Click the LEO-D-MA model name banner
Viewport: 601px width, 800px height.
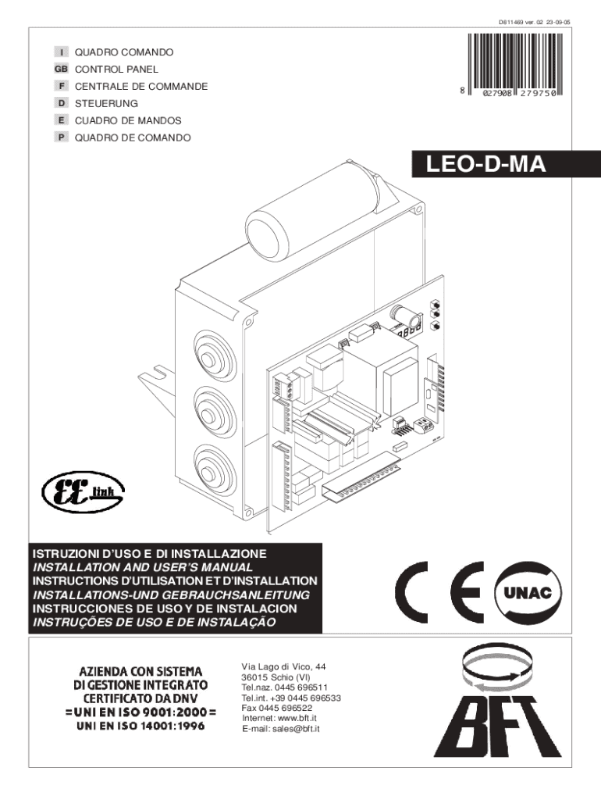point(507,164)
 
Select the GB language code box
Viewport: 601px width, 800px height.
point(61,69)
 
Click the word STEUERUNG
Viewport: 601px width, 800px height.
point(106,104)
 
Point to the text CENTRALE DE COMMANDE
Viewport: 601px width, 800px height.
point(141,86)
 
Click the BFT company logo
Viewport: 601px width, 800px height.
point(497,703)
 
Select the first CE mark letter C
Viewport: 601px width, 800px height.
point(412,592)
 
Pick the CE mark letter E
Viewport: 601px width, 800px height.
point(467,592)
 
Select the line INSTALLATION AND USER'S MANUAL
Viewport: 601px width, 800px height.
point(143,567)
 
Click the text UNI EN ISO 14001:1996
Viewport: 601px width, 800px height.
point(140,726)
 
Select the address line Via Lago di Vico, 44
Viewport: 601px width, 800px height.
point(283,667)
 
